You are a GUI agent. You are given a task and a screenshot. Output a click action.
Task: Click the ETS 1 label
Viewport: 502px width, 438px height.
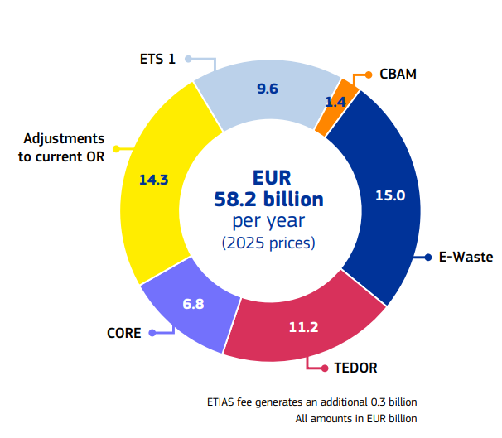click(157, 60)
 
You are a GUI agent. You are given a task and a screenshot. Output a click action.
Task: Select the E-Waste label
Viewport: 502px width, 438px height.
click(466, 258)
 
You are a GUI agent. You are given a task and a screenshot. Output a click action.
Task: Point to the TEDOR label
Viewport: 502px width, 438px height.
click(355, 366)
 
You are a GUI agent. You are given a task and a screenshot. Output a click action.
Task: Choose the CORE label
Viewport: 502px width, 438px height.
click(123, 334)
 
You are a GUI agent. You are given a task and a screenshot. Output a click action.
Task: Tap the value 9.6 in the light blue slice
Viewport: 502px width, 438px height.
click(268, 89)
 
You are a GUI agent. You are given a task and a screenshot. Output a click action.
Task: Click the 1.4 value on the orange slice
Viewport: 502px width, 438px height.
click(335, 103)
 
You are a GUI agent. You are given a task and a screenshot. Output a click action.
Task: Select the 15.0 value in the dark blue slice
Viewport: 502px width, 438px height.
click(389, 196)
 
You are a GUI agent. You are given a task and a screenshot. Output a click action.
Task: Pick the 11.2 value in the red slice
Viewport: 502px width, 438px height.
click(303, 327)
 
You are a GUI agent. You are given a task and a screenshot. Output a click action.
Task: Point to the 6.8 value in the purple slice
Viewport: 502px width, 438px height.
click(193, 304)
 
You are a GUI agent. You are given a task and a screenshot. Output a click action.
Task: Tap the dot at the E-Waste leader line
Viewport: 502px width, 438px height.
click(427, 258)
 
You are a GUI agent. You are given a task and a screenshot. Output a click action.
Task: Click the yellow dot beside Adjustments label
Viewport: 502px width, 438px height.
click(116, 149)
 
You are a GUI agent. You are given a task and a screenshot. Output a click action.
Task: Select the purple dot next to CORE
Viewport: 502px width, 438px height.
click(152, 334)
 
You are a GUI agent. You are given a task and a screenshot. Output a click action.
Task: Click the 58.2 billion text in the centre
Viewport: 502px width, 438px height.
click(268, 200)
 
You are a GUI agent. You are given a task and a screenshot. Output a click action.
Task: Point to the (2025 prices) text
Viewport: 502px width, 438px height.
click(268, 243)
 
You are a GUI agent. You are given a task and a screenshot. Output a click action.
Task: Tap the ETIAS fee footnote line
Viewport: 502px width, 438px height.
click(311, 402)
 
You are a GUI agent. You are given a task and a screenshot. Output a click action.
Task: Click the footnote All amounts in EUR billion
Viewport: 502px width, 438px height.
click(356, 419)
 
